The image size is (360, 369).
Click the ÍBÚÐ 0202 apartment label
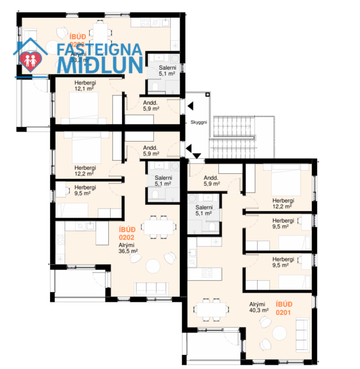pyautogui.click(x=127, y=233)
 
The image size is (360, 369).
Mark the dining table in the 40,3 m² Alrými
pyautogui.click(x=211, y=308)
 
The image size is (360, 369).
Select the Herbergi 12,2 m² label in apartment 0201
pyautogui.click(x=283, y=203)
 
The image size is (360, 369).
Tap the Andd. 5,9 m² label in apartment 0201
pyautogui.click(x=211, y=181)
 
